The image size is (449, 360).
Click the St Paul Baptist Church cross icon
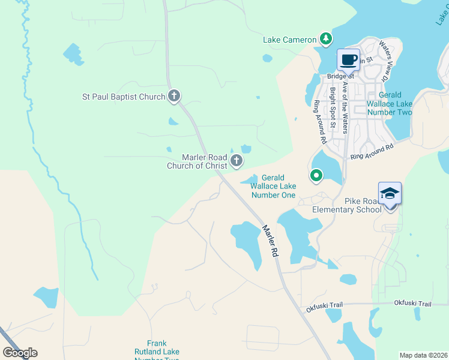(x=173, y=96)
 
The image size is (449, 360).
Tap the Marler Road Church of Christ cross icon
(x=237, y=160)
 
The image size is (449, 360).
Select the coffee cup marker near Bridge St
(x=349, y=59)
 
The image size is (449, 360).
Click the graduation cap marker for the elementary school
(x=390, y=193)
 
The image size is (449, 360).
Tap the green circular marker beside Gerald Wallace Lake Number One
(x=316, y=176)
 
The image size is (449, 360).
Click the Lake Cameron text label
(x=289, y=40)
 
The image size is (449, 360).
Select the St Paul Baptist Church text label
(x=123, y=97)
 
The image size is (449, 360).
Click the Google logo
(x=20, y=353)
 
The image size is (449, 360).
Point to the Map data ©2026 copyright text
(x=423, y=355)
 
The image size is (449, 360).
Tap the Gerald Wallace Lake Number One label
(x=273, y=187)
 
